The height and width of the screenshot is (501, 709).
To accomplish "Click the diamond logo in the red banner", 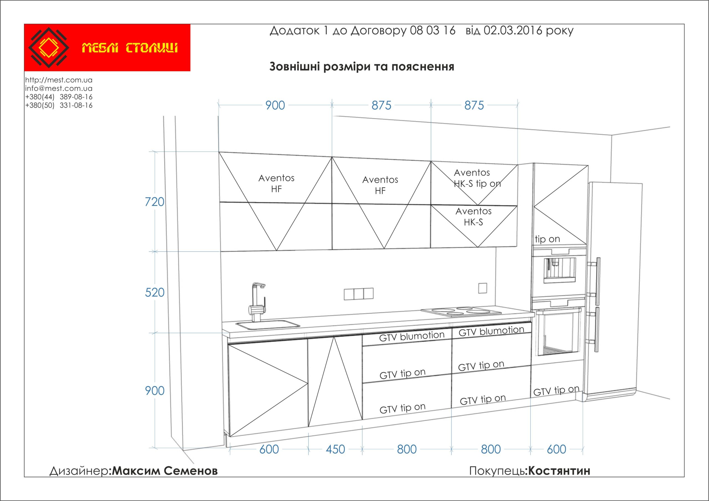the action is pos(48,48).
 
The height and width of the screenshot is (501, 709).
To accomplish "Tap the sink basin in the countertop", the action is pos(268,324).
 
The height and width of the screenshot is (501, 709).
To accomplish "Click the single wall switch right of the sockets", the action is pos(483,288).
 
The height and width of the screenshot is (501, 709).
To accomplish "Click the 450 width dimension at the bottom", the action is pos(335,449).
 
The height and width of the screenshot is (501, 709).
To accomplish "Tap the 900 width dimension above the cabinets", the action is pos(275,106).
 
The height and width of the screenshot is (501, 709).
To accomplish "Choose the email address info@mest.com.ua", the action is pos(59,88).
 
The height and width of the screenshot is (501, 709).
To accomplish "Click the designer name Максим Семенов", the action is pos(165,471).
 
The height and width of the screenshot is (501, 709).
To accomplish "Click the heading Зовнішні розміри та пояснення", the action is pos(362,67).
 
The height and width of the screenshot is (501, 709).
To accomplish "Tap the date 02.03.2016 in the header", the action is pos(513,30).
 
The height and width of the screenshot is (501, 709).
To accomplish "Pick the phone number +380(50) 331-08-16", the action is pos(59,105).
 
